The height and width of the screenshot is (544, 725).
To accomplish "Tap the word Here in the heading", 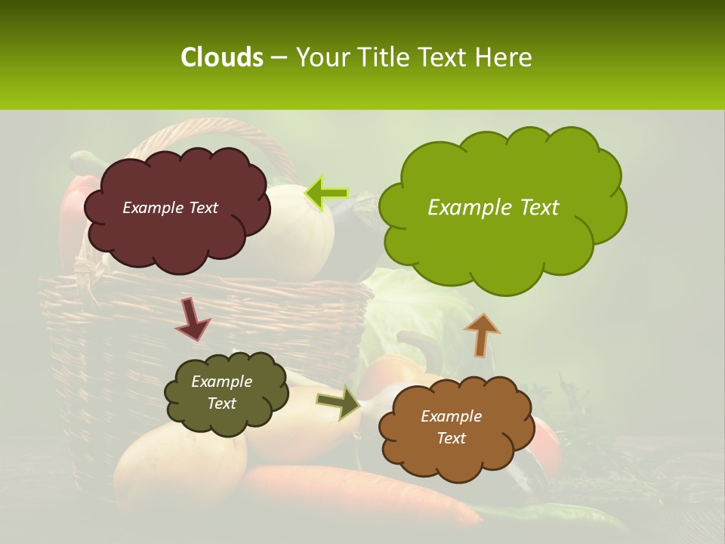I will (506, 57).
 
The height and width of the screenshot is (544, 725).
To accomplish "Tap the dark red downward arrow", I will (193, 320).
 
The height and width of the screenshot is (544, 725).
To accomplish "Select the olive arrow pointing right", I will (339, 403).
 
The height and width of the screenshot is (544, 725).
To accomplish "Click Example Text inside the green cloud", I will (493, 208).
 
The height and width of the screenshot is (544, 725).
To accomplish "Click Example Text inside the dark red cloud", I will (170, 208).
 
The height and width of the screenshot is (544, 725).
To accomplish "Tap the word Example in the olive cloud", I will (221, 382).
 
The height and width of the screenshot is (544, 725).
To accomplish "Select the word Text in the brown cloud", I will (451, 438).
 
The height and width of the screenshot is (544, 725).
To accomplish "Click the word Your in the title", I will (320, 57).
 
